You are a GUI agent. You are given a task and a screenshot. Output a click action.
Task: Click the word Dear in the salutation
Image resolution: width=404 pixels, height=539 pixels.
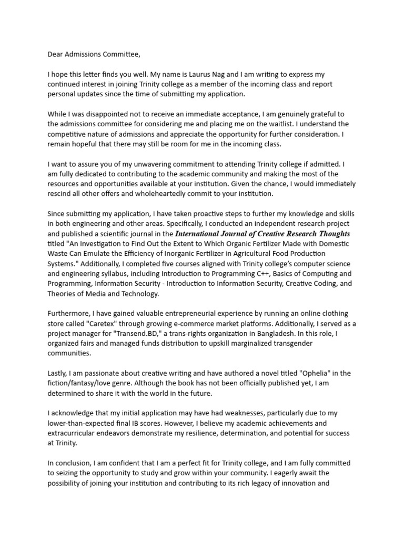click(56, 54)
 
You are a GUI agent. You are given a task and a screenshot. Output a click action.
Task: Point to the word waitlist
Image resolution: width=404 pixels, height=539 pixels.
click(300, 124)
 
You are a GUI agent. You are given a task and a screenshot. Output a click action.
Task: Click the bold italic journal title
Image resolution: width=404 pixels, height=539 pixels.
click(262, 233)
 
